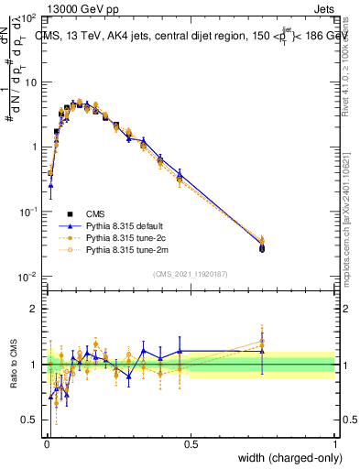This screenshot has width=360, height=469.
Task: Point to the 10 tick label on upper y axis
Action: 29,82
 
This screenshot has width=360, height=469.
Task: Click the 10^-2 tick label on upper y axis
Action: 27,277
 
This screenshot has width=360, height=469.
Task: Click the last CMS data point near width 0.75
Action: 262,248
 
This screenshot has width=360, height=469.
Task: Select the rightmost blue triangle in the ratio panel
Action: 262,351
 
